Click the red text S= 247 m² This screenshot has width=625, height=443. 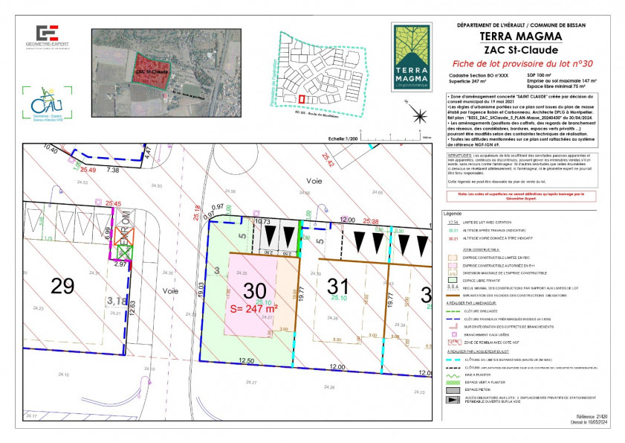(x=253, y=307)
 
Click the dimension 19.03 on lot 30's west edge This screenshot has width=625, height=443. (x=201, y=290)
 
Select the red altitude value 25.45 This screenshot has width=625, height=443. (x=113, y=203)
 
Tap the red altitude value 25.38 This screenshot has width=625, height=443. (x=370, y=221)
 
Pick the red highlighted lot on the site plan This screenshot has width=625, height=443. (x=301, y=98)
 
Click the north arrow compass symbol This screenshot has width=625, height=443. (x=421, y=115)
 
